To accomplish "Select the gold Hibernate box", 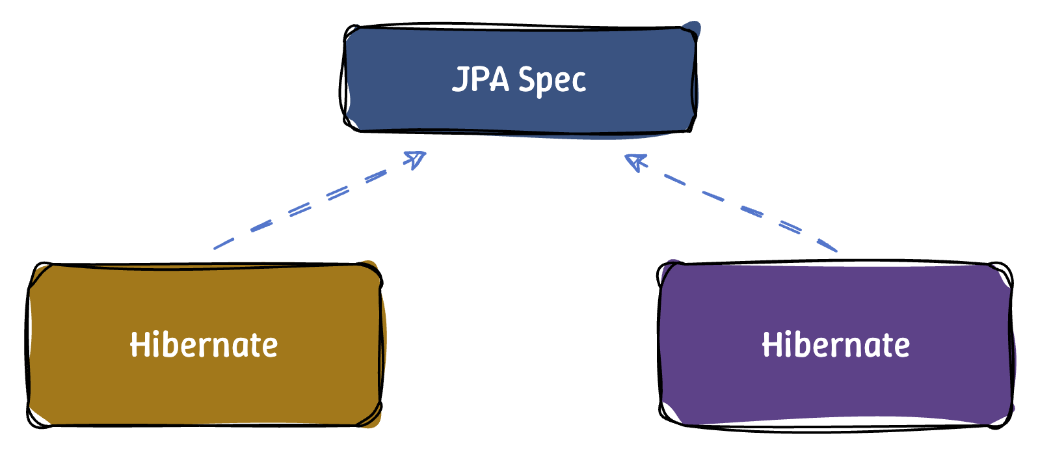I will (204, 384).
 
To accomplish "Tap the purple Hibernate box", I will (836, 384).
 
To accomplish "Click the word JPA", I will (480, 79).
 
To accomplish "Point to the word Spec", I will (552, 81).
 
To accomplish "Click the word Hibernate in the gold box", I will (204, 345).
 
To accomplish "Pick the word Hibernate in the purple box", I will (836, 345).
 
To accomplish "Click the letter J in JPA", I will (459, 79).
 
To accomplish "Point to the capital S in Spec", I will (526, 79).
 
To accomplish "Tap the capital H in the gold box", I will (139, 344).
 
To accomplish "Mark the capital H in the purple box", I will (771, 344).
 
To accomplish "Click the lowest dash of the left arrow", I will (224, 244).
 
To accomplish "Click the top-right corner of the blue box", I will (693, 30).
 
